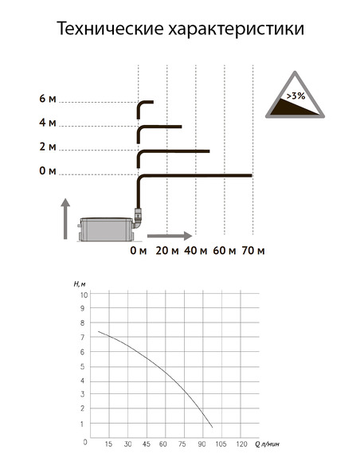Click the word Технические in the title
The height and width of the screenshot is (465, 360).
point(110,29)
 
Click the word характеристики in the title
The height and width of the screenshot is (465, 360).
point(237,29)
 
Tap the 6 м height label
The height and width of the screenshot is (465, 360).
point(48,99)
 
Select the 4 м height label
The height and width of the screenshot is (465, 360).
point(48,123)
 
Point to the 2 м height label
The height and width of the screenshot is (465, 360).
point(48,147)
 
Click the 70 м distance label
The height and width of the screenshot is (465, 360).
point(253,251)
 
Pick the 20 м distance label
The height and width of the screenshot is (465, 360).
point(167,251)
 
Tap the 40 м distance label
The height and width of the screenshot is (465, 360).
point(195,251)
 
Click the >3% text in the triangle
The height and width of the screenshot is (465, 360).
point(295,96)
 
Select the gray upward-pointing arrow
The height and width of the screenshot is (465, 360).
point(65,219)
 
